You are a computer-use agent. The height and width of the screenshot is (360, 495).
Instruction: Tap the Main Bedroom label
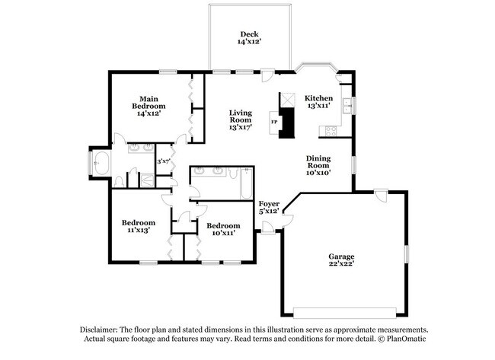[149, 106]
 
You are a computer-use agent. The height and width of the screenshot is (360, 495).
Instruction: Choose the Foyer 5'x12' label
[269, 208]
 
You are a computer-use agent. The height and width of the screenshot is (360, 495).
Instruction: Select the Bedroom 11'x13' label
[139, 227]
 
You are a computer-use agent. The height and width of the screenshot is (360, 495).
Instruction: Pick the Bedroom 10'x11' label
[223, 229]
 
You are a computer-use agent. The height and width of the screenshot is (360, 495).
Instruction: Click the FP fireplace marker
[274, 122]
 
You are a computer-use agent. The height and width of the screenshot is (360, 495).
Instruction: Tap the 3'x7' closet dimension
[163, 161]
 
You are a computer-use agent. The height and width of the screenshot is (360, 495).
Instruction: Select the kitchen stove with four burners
[333, 130]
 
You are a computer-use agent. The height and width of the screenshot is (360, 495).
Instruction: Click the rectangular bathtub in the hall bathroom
[244, 183]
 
